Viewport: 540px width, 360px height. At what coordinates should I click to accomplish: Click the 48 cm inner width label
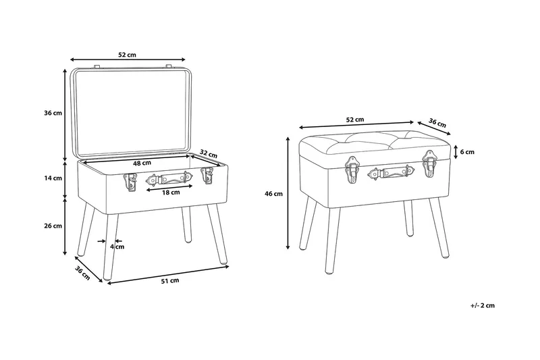tap(142, 163)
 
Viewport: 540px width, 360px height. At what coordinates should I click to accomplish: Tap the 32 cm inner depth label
tap(209, 153)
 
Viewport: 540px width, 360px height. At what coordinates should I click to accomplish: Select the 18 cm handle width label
tap(171, 192)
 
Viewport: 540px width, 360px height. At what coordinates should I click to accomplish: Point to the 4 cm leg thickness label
tap(117, 247)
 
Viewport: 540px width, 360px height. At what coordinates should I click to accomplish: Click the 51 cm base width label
tap(170, 280)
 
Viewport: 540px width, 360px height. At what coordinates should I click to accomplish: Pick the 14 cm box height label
tap(53, 178)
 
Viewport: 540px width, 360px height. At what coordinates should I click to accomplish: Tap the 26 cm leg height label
tap(53, 226)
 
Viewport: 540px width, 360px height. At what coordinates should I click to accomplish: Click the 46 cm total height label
tap(273, 194)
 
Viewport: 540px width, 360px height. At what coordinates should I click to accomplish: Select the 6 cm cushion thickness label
tap(467, 152)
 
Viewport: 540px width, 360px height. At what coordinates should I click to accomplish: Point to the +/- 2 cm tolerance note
tap(482, 305)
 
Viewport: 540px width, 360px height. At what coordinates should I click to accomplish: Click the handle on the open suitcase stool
tap(170, 178)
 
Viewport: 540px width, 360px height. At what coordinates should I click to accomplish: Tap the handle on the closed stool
tap(391, 172)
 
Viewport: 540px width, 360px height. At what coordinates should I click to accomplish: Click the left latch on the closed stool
tap(352, 170)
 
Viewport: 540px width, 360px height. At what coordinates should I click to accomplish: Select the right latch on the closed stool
tap(429, 163)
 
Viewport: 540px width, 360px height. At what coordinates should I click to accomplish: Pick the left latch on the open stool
tap(130, 182)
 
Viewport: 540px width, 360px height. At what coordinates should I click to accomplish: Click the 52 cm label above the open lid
tap(127, 55)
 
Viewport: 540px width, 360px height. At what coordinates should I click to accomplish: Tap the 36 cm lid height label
tap(53, 113)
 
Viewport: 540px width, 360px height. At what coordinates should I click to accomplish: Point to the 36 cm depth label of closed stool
tap(437, 122)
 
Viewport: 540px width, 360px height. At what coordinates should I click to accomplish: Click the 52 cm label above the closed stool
tap(355, 120)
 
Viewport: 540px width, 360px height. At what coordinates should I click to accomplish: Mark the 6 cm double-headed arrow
tap(456, 152)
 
